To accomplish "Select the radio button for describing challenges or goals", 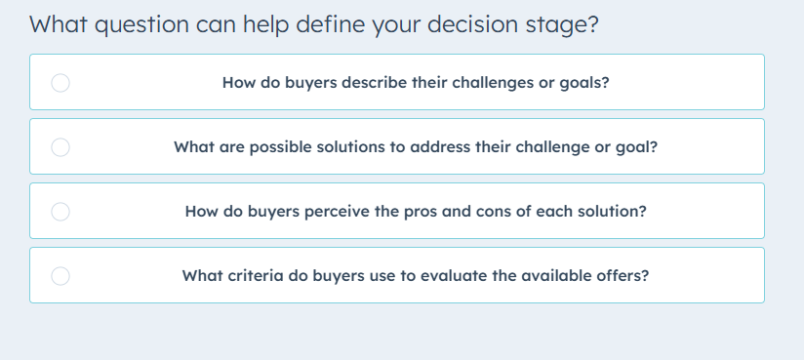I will pos(60,83).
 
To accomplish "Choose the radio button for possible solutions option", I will pos(60,147).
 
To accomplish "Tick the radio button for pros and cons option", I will pos(60,212).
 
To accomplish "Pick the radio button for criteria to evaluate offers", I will pos(60,276).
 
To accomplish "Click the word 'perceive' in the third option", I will pos(323,211).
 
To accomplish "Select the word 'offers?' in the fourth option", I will pos(621,275).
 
